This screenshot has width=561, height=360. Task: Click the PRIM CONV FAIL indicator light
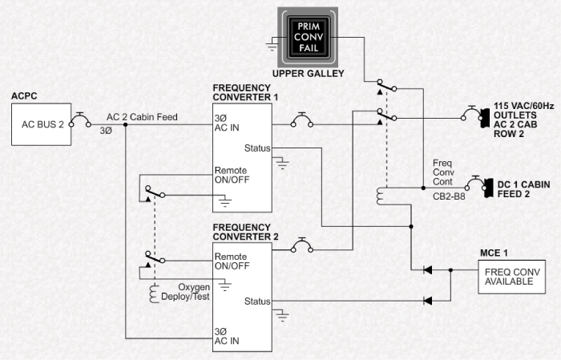(x=308, y=37)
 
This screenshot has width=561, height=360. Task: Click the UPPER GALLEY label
(x=308, y=74)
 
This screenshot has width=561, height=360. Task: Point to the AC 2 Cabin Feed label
(x=141, y=116)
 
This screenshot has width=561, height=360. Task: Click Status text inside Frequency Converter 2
(x=257, y=301)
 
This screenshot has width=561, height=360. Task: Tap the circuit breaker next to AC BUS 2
(x=80, y=123)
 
